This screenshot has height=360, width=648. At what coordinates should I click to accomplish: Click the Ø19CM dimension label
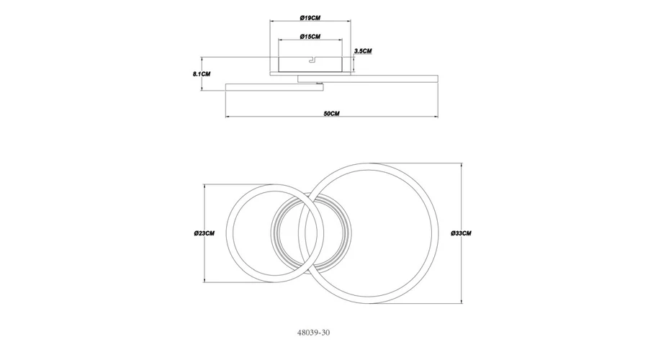(310, 18)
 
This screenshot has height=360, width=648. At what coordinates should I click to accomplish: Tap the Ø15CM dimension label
(310, 37)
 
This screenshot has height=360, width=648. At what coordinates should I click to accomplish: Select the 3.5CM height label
(363, 51)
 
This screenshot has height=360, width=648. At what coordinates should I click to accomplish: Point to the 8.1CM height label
(202, 74)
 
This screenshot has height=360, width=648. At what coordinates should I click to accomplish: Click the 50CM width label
(331, 114)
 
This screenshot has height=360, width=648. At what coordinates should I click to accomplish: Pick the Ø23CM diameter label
(204, 233)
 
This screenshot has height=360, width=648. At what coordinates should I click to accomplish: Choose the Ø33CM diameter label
(461, 233)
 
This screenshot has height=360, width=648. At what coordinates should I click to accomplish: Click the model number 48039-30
(313, 333)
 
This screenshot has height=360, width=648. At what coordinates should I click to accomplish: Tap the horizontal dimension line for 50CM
(331, 117)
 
